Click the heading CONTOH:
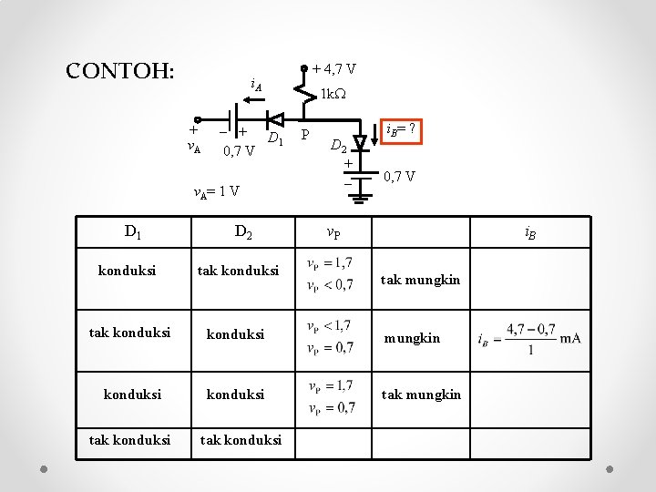click(120, 71)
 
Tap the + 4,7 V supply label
click(333, 68)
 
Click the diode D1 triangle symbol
click(273, 119)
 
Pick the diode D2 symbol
click(360, 142)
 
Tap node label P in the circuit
click(306, 136)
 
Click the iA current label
click(256, 87)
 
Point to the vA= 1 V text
click(217, 191)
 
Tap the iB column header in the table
click(529, 233)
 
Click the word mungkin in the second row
click(412, 338)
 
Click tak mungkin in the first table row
click(420, 280)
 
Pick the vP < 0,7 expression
click(331, 285)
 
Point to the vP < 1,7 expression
click(330, 325)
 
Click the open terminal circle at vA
click(195, 120)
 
